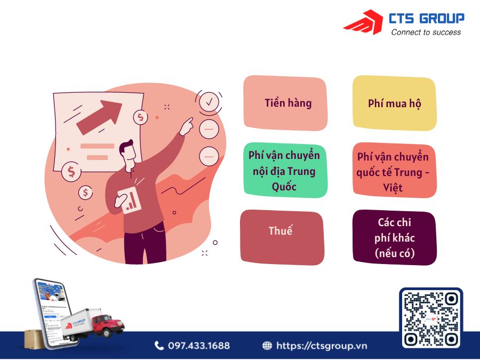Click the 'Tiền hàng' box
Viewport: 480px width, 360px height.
coord(285,103)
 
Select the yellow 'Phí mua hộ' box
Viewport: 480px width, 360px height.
coord(394,103)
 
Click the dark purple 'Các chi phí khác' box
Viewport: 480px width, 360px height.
coord(394,237)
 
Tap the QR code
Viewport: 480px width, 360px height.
coord(431,318)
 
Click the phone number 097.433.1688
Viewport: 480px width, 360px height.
coord(198,346)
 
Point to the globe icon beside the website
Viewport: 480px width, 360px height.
coord(267,346)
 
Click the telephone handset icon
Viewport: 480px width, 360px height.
coord(159,346)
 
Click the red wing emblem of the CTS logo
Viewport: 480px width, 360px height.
coord(363,23)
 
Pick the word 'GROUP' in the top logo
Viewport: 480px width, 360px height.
coord(442,19)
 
